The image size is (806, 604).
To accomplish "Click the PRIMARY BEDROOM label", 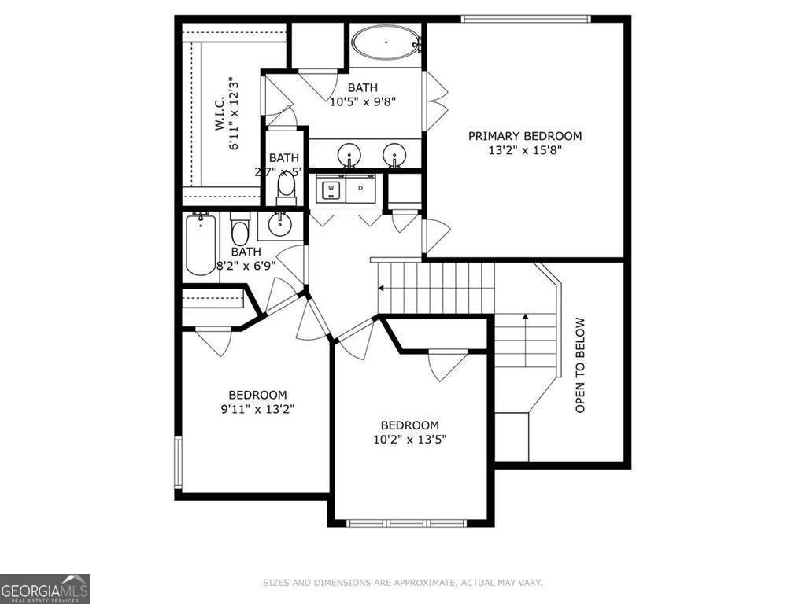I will click(x=525, y=136).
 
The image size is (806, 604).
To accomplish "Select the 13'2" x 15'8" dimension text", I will click(x=525, y=151).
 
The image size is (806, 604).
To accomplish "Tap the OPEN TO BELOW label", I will click(x=580, y=365).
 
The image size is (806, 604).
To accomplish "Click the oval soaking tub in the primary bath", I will click(x=386, y=42).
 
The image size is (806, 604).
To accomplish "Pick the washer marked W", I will click(x=331, y=189).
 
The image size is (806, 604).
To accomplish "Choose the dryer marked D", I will click(x=361, y=189).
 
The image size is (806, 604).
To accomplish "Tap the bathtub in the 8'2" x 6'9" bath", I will click(x=201, y=245).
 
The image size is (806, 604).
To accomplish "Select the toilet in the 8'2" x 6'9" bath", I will click(x=240, y=232).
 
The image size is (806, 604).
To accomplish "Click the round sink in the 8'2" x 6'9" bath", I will click(x=279, y=226).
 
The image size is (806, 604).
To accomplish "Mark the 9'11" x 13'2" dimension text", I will click(x=257, y=409).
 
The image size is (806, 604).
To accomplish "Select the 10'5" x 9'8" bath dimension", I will click(x=362, y=101).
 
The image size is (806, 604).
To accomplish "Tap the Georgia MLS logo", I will click(x=45, y=588).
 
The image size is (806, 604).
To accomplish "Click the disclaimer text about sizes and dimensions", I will click(x=401, y=583).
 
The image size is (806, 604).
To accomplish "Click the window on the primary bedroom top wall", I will click(x=525, y=19).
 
